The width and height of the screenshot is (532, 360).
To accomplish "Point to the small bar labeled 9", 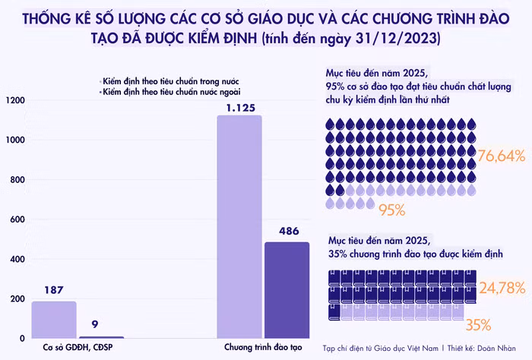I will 101,336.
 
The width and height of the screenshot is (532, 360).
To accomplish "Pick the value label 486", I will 287,232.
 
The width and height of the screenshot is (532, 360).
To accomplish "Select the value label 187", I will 53,290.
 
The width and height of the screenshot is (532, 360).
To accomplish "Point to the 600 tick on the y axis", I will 17,219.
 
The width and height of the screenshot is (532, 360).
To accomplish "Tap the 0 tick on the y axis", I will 22,339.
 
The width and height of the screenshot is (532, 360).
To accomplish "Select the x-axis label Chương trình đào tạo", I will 262,350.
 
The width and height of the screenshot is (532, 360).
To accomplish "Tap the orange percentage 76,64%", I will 502,156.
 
